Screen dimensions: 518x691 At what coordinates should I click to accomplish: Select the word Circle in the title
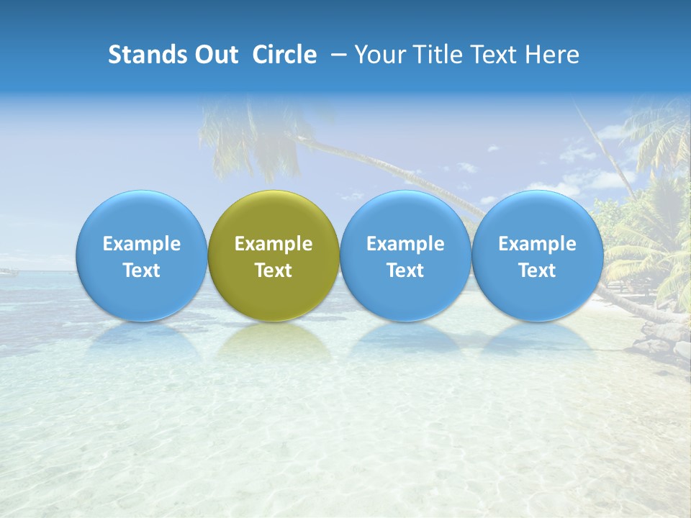tap(284, 55)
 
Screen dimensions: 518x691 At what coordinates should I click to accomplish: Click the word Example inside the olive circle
tap(274, 244)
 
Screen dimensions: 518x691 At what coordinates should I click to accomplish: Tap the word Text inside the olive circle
tap(274, 271)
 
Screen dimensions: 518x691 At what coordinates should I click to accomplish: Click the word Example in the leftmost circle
tap(142, 244)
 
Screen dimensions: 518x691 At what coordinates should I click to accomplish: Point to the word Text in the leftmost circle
tap(142, 271)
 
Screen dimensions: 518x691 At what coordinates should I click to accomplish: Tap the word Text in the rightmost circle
tap(537, 271)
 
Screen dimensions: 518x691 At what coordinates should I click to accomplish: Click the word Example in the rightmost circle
tap(537, 244)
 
